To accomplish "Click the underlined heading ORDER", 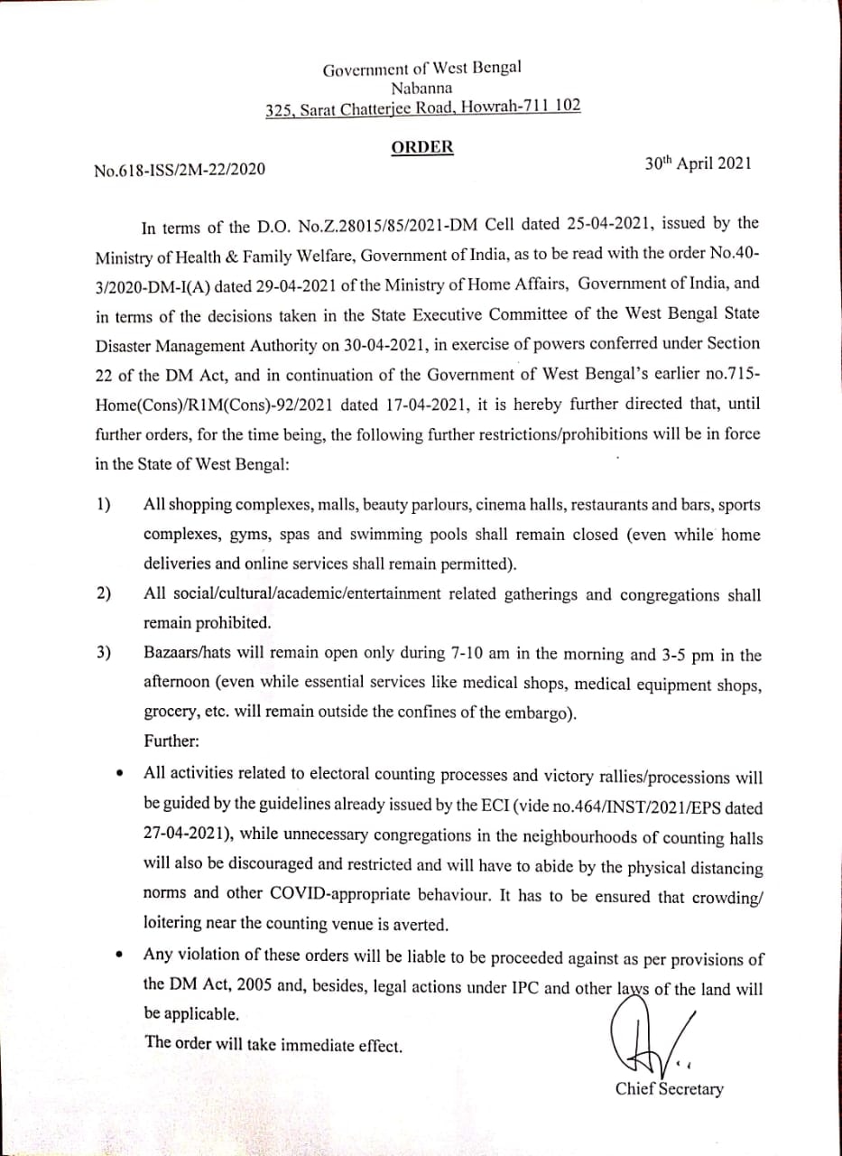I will (422, 146).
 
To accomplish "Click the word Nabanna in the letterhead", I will (422, 88).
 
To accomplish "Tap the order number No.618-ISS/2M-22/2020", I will (180, 169).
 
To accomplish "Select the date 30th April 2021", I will (697, 165).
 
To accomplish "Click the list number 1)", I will (104, 504).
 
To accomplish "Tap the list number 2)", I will (104, 593).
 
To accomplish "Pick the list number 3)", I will (104, 653).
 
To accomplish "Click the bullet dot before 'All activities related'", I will (120, 774).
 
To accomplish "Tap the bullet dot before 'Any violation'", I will (120, 955).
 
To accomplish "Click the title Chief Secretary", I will (669, 1089).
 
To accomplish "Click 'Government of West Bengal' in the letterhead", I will (422, 69).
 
